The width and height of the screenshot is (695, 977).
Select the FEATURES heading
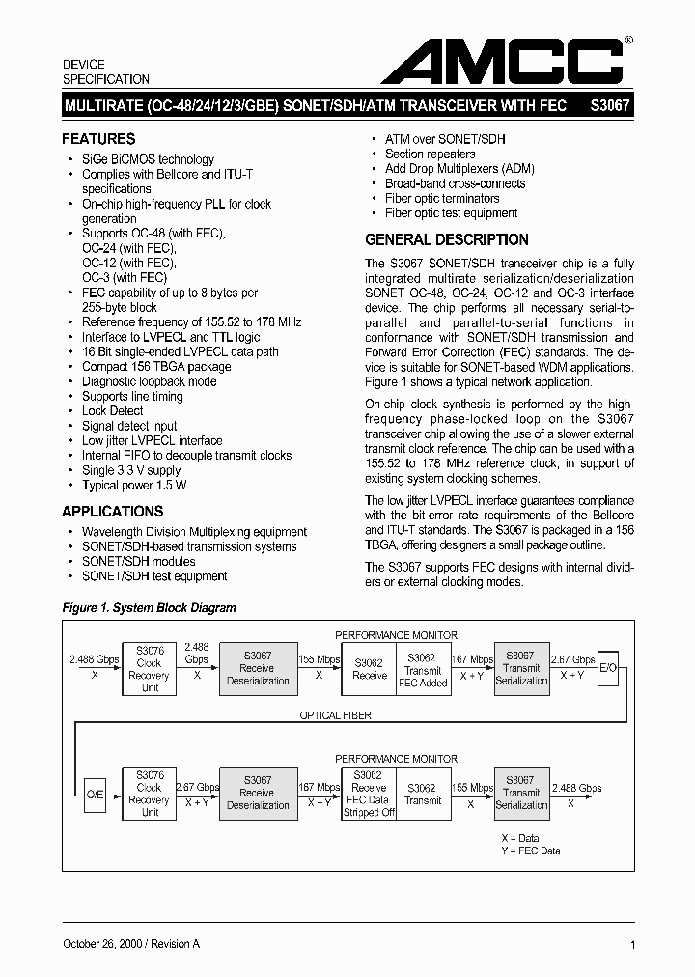[98, 139]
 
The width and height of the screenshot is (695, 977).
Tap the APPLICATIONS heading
[113, 512]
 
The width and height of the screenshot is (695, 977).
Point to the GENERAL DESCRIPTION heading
[446, 239]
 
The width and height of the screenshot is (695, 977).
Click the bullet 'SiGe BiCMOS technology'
[148, 159]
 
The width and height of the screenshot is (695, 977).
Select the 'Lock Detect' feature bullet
[112, 411]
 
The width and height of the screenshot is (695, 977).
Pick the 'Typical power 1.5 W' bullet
[134, 485]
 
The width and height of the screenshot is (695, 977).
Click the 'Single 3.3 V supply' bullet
[130, 470]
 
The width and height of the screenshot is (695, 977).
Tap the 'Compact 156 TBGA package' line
[156, 367]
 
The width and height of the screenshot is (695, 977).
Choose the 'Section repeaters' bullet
[430, 154]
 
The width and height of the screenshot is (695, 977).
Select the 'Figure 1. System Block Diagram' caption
[149, 608]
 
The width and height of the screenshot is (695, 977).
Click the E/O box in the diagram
[607, 668]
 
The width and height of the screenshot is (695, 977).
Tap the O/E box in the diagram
[87, 794]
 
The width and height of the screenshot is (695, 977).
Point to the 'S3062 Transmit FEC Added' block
[422, 670]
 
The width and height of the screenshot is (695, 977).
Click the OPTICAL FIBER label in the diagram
[334, 715]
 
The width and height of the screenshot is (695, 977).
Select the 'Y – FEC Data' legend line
[530, 851]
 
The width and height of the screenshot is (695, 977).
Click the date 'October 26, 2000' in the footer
[105, 944]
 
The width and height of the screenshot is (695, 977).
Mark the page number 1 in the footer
[631, 945]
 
